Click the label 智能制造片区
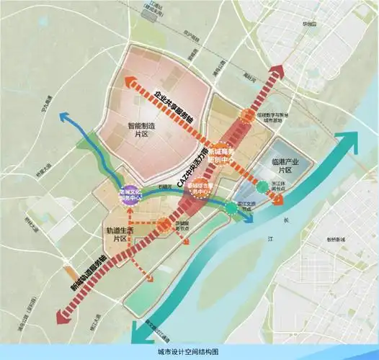coord(148,129)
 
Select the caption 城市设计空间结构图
coord(189,351)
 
